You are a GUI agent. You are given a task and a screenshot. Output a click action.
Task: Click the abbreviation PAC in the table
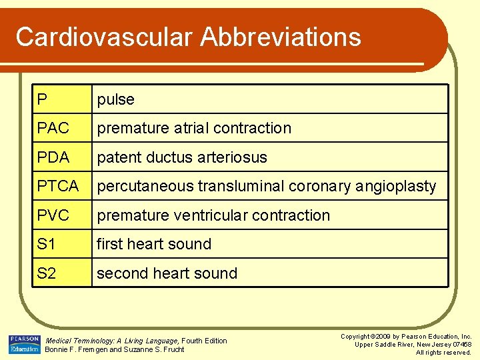tap(53, 128)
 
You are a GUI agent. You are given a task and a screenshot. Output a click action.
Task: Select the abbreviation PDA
tap(53, 157)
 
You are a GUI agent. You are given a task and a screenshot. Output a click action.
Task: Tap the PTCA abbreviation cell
tap(58, 187)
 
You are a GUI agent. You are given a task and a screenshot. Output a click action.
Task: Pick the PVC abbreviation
tap(53, 215)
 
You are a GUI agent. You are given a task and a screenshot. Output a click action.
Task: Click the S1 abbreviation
tap(47, 244)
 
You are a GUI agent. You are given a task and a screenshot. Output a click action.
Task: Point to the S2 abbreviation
tap(47, 273)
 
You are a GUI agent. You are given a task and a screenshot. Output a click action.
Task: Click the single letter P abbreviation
tap(42, 99)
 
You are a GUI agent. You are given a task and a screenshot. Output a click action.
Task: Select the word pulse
tap(115, 99)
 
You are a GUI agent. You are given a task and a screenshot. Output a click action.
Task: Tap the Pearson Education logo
tap(24, 344)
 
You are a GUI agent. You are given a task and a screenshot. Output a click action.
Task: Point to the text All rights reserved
tap(443, 352)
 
